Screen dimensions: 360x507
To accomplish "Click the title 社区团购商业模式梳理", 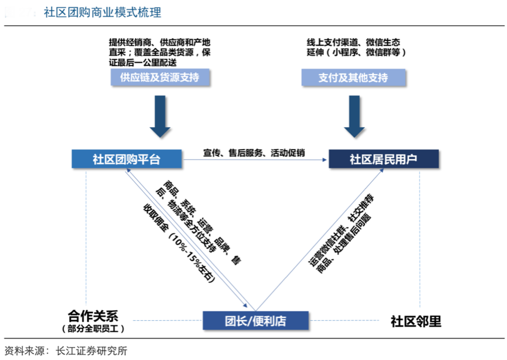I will (x=102, y=12).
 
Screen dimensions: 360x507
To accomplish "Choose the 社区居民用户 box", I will (x=383, y=158).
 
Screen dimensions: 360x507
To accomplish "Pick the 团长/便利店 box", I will (x=255, y=320).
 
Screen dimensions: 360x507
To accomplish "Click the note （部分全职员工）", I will (x=93, y=328).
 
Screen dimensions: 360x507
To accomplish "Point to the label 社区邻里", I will (x=415, y=321).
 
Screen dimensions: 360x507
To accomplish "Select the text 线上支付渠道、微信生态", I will (x=353, y=42).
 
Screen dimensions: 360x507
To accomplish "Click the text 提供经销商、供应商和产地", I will (x=160, y=42).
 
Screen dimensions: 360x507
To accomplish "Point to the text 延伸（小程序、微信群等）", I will (x=356, y=53).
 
